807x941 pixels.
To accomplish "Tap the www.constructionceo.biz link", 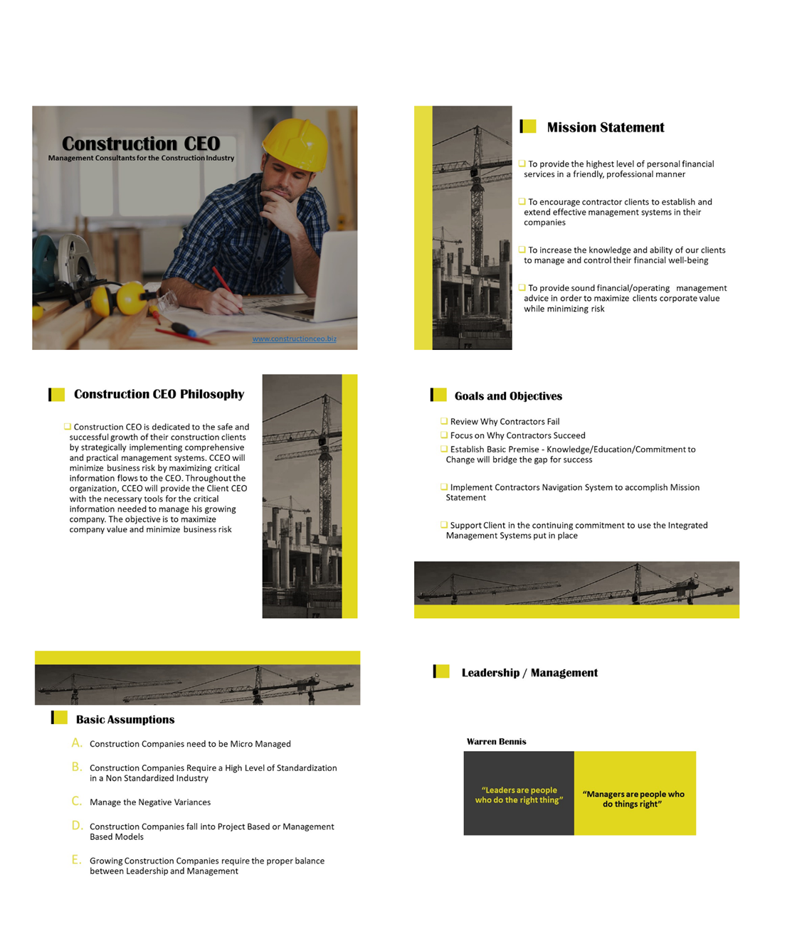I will pyautogui.click(x=294, y=339).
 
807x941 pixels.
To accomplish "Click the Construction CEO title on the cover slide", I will pyautogui.click(x=141, y=144).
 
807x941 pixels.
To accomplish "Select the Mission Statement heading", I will pyautogui.click(x=605, y=127).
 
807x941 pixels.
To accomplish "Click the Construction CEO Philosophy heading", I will pyautogui.click(x=159, y=394).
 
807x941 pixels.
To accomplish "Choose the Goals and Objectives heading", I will pyautogui.click(x=508, y=396).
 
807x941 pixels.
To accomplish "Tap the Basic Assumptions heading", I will pyautogui.click(x=125, y=719).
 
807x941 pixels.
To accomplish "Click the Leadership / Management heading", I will pyautogui.click(x=529, y=673).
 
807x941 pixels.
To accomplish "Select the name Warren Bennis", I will pyautogui.click(x=496, y=741).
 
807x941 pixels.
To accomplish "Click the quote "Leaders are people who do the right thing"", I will pyautogui.click(x=519, y=794).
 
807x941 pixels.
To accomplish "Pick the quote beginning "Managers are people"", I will pyautogui.click(x=633, y=799).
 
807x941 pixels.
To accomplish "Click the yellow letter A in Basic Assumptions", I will pyautogui.click(x=76, y=743).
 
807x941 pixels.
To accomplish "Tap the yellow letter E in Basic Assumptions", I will pyautogui.click(x=76, y=860).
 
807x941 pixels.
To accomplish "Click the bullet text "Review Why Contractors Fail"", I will pyautogui.click(x=505, y=422).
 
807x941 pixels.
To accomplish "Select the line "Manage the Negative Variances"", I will pyautogui.click(x=150, y=802).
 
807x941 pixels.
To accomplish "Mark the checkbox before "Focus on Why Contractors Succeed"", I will pyautogui.click(x=444, y=435).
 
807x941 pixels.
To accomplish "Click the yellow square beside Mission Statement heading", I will pyautogui.click(x=529, y=127).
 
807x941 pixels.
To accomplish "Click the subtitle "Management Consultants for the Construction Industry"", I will pyautogui.click(x=141, y=158).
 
